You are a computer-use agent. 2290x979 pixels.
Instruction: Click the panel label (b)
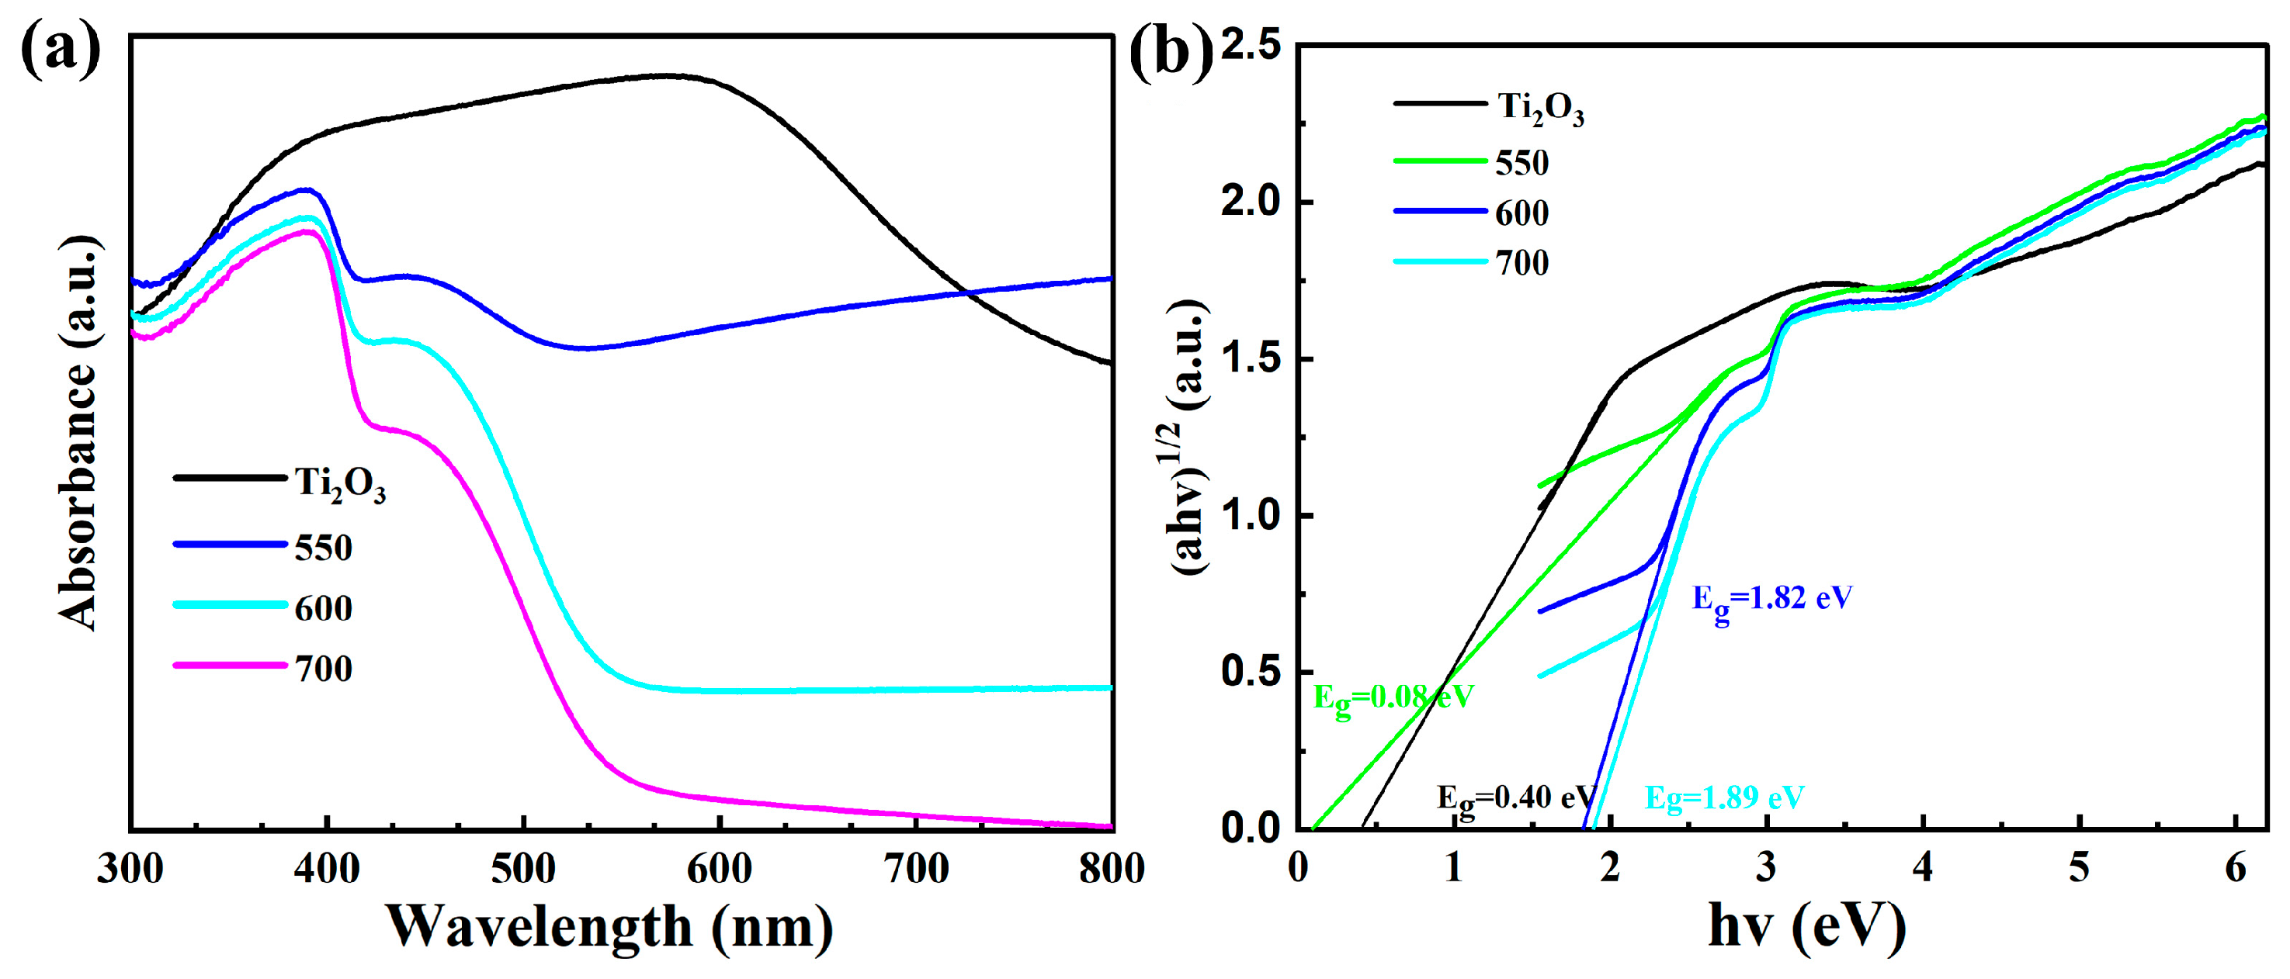coord(1170,50)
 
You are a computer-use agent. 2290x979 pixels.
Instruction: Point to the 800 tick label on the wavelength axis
coord(1111,868)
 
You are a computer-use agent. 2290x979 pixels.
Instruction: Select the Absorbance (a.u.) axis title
coord(78,434)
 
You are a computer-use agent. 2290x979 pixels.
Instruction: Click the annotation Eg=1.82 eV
coord(1771,600)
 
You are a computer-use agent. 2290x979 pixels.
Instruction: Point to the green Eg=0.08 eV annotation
coord(1393,699)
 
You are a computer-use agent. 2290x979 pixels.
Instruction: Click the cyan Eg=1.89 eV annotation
coord(1724,797)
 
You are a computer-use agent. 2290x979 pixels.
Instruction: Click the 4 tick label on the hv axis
coord(1923,867)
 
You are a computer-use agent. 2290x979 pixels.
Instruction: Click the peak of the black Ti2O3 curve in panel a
coord(667,75)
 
